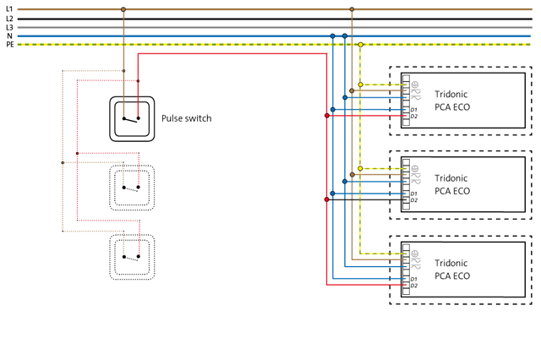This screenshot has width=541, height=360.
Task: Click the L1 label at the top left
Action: pos(8,8)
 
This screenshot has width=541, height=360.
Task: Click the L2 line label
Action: pos(8,18)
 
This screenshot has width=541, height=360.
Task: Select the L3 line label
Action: pos(8,27)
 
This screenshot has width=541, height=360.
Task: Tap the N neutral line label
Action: pos(8,35)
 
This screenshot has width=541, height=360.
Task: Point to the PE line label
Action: pos(9,44)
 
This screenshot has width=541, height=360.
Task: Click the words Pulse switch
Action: pos(186,118)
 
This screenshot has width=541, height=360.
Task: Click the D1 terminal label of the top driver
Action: pos(414,109)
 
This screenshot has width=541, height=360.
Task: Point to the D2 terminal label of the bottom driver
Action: pos(414,286)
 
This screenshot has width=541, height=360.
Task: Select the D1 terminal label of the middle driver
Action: pos(414,194)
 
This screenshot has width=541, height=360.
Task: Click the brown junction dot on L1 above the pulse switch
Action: pos(123,9)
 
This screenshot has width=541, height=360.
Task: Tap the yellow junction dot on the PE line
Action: pos(360,44)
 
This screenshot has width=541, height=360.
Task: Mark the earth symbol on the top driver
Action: pos(415,83)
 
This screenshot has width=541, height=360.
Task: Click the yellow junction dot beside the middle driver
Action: pos(360,169)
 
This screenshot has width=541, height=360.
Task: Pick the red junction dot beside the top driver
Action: pos(326,115)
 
